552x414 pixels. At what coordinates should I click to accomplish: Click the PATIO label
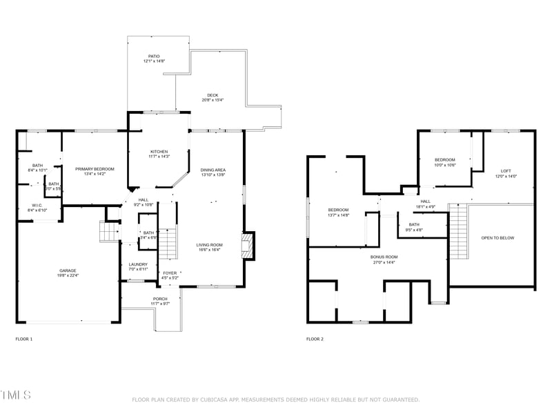pyautogui.click(x=155, y=57)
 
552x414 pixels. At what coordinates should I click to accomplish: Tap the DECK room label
pyautogui.click(x=213, y=95)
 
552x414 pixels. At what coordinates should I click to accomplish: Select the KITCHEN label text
pyautogui.click(x=159, y=152)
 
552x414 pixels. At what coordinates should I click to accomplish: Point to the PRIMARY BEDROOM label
pyautogui.click(x=95, y=169)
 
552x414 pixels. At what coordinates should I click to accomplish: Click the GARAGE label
pyautogui.click(x=68, y=270)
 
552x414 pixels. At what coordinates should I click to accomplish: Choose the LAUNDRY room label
pyautogui.click(x=138, y=264)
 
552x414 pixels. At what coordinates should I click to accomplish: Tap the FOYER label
pyautogui.click(x=169, y=273)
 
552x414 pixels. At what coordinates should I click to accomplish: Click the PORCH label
pyautogui.click(x=160, y=299)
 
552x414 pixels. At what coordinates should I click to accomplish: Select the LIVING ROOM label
pyautogui.click(x=209, y=244)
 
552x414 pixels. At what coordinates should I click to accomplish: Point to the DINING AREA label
pyautogui.click(x=213, y=170)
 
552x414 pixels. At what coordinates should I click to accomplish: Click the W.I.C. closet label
pyautogui.click(x=37, y=205)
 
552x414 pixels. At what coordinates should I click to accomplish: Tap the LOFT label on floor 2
pyautogui.click(x=506, y=171)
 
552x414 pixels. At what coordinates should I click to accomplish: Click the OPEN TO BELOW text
pyautogui.click(x=497, y=238)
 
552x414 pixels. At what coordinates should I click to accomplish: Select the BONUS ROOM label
pyautogui.click(x=384, y=257)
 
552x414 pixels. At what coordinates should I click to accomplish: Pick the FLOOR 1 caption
pyautogui.click(x=23, y=339)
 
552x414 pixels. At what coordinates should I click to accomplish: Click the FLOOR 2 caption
pyautogui.click(x=315, y=339)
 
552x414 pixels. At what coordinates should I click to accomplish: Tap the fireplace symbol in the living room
pyautogui.click(x=245, y=245)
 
